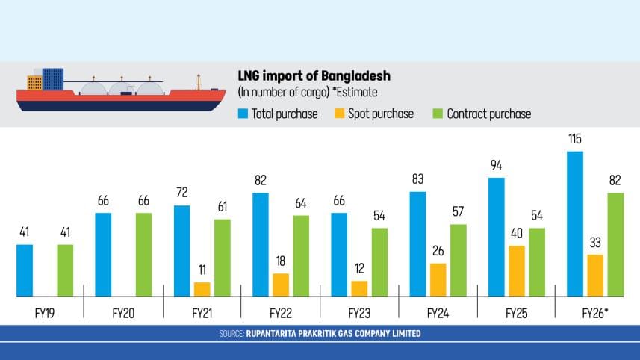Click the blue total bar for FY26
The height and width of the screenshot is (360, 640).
point(575,224)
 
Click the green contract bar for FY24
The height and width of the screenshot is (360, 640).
point(457,260)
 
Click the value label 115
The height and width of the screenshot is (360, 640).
point(575,140)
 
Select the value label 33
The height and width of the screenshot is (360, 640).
point(595,243)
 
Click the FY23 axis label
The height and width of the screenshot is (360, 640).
point(359,314)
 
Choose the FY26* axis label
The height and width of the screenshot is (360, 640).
point(596,314)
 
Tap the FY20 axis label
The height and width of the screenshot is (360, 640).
point(123,314)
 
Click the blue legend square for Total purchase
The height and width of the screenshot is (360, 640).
point(243,114)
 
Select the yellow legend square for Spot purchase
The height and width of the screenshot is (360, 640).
point(339,114)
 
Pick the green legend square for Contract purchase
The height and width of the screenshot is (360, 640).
point(438,114)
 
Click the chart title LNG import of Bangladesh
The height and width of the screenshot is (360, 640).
point(314,77)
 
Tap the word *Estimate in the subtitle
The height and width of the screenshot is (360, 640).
point(351,93)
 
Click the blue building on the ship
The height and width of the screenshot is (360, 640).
point(53,78)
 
